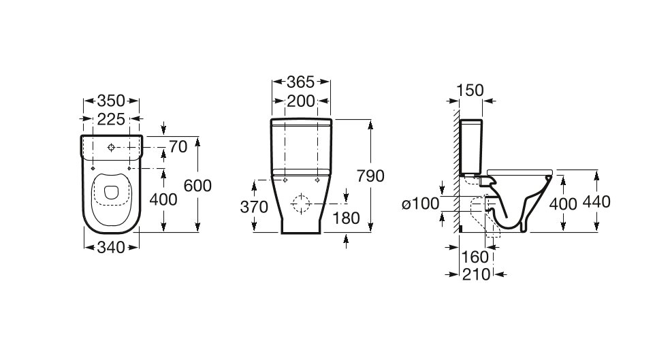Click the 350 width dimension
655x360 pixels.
[112, 101]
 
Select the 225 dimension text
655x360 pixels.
[112, 120]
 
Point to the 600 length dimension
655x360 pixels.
[198, 185]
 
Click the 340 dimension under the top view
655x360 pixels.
[111, 248]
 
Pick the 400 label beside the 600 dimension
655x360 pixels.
[163, 199]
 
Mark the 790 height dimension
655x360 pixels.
[370, 176]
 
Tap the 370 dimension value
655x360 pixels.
[254, 208]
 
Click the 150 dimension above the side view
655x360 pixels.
[469, 89]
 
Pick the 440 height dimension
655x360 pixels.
[596, 201]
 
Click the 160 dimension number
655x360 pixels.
[475, 257]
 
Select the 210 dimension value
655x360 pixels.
[475, 274]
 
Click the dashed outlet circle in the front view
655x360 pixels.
[300, 204]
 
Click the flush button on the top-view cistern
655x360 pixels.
[111, 146]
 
